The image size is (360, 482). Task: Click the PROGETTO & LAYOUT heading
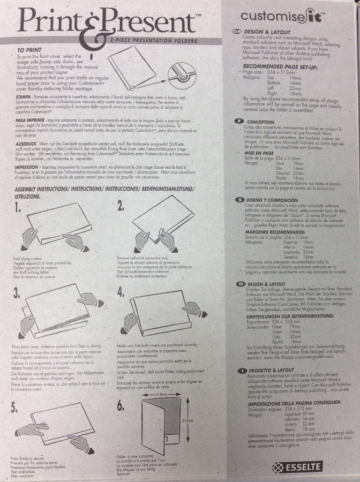pyautogui.click(x=271, y=370)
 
